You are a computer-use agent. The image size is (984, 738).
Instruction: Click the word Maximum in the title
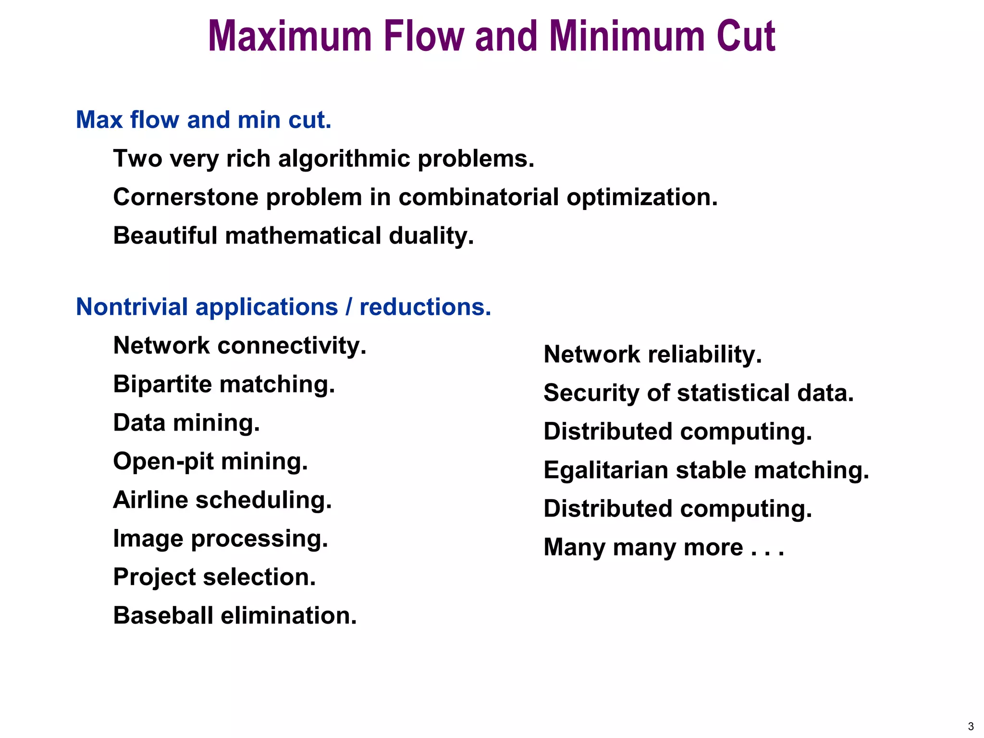pos(290,37)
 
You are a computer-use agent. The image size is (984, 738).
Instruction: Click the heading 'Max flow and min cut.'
pos(204,120)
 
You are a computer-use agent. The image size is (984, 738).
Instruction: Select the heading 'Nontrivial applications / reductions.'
pos(283,307)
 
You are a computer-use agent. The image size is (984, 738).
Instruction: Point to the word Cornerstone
pos(186,197)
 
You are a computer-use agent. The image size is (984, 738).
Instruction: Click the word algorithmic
pos(344,159)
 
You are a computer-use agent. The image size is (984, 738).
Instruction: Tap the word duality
pos(431,236)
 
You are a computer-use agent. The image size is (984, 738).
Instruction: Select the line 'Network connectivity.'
pos(240,345)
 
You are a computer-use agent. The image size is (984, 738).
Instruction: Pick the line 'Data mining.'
pos(186,423)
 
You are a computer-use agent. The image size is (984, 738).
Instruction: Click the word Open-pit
pos(163,462)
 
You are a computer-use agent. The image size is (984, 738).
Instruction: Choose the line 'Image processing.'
pos(221,539)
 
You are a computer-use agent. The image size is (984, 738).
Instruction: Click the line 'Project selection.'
pos(214,577)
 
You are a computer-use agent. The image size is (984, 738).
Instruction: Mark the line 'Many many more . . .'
pos(664,547)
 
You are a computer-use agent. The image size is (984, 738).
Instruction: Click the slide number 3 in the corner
pos(971,726)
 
